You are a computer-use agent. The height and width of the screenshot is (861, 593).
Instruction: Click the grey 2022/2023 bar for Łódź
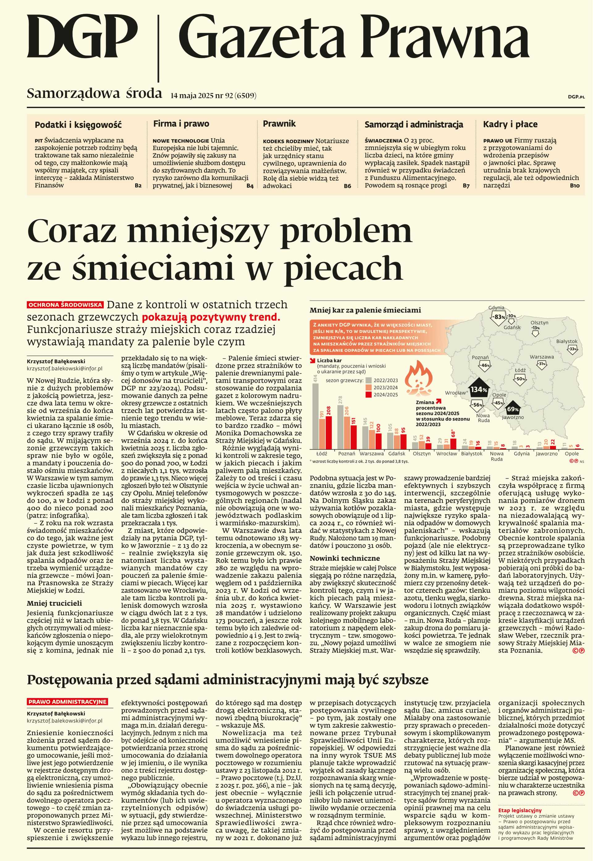tap(315, 416)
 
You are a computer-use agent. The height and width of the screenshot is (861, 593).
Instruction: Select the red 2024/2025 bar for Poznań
tap(353, 437)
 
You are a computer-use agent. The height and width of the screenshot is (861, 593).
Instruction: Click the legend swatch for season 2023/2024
tap(368, 387)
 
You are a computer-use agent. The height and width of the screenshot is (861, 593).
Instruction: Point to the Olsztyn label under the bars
tap(422, 454)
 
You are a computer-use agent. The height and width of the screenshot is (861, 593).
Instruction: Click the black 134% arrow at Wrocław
tap(478, 390)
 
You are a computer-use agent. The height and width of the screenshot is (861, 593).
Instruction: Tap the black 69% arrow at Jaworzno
tap(513, 409)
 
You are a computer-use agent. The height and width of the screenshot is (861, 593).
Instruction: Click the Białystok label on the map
tap(567, 341)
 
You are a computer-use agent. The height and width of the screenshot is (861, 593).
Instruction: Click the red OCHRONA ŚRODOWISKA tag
tap(65, 305)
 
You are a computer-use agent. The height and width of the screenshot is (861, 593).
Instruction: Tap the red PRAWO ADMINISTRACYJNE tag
tap(67, 702)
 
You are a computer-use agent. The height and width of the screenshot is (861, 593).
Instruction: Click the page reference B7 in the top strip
tap(466, 186)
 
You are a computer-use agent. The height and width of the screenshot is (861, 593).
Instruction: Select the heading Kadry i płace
tap(510, 124)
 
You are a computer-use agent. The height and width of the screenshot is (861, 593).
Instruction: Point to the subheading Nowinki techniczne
tap(344, 558)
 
